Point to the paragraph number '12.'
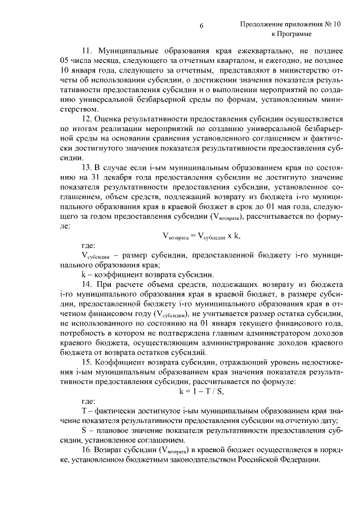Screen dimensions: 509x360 pos(88,120)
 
